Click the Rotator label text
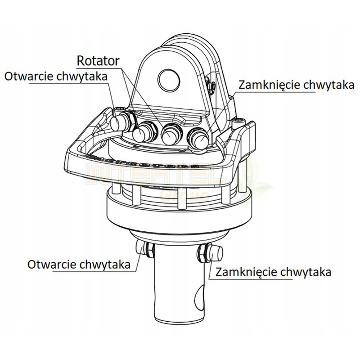pos(98,61)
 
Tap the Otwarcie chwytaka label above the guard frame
pos(56,76)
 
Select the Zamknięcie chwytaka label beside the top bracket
pos(296,85)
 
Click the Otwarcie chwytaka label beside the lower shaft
pos(79,265)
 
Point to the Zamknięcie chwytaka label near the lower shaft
pos(274,272)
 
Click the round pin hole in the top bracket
pos(169,80)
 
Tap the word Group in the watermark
pos(184,196)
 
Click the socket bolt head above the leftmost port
pos(121,109)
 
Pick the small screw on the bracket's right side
pos(211,85)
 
